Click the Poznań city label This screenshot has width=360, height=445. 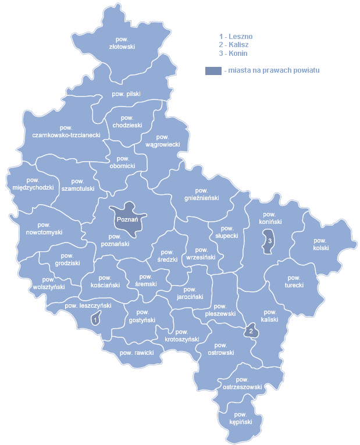pyautogui.click(x=127, y=220)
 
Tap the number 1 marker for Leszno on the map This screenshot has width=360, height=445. pyautogui.click(x=94, y=319)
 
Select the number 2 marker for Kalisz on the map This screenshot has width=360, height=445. pyautogui.click(x=251, y=331)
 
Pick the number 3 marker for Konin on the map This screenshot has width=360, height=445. pyautogui.click(x=269, y=241)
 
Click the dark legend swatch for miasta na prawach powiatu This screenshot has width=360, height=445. pyautogui.click(x=213, y=70)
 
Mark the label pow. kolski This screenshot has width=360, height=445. pyautogui.click(x=320, y=244)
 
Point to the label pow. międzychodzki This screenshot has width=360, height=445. pyautogui.click(x=33, y=184)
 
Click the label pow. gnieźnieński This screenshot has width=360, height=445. pyautogui.click(x=202, y=194)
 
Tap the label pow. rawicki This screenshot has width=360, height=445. pyautogui.click(x=136, y=353)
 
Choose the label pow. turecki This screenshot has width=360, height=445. pyautogui.click(x=294, y=282)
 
